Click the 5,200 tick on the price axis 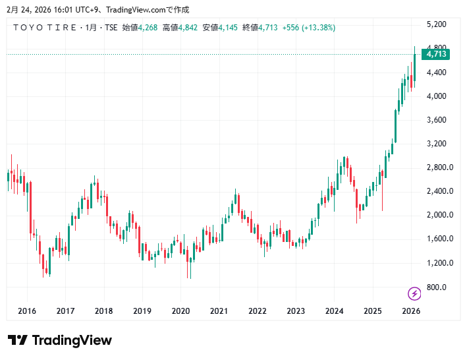click(437, 24)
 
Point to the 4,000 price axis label click(437, 96)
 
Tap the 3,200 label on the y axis click(437, 144)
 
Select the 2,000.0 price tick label click(439, 215)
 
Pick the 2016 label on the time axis click(27, 311)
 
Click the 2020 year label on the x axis click(180, 311)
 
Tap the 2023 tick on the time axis click(296, 311)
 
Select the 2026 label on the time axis click(411, 311)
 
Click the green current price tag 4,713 click(437, 54)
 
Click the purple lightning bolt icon click(415, 293)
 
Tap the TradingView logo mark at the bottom click(18, 340)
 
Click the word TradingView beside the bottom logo click(72, 340)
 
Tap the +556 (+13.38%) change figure click(309, 28)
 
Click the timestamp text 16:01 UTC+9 click(56, 9)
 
